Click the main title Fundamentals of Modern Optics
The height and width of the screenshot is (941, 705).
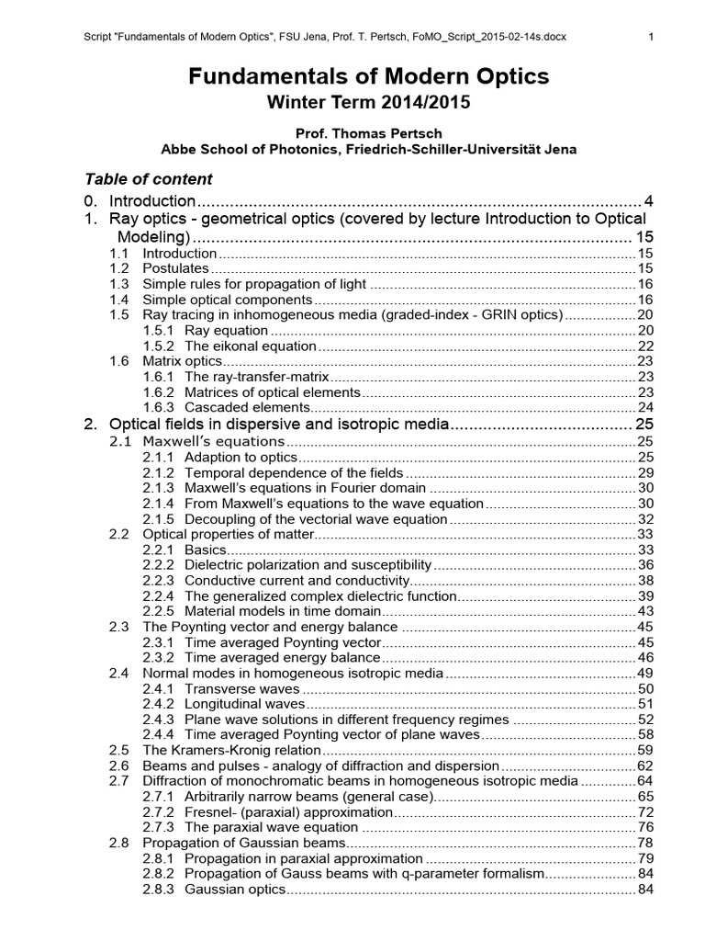coord(369,77)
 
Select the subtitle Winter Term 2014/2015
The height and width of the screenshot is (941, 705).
coord(369,103)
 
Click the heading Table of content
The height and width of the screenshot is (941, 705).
coord(149,178)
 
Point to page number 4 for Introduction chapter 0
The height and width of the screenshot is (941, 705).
coord(648,200)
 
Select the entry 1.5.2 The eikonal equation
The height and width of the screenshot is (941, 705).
coord(250,346)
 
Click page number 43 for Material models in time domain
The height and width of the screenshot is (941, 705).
coord(644,611)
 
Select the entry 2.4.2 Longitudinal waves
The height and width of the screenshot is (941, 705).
coord(244,704)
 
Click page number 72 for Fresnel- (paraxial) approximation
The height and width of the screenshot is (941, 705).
coord(644,812)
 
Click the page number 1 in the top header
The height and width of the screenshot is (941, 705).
coord(650,38)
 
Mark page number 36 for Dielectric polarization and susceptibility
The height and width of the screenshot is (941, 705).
coord(644,564)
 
